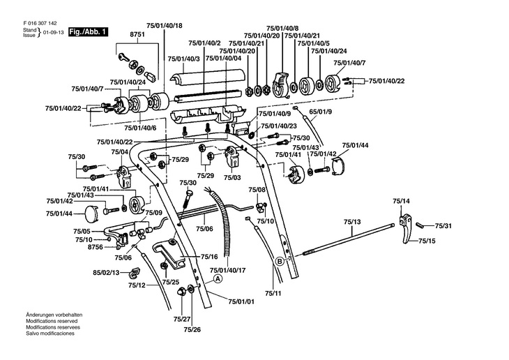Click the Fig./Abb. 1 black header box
[89, 32]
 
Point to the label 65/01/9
[321, 112]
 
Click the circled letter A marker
[218, 278]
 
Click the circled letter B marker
[279, 262]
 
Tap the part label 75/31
[443, 226]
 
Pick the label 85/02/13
[106, 272]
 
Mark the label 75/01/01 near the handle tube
[241, 301]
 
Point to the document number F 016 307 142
[42, 22]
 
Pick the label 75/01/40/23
[278, 126]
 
